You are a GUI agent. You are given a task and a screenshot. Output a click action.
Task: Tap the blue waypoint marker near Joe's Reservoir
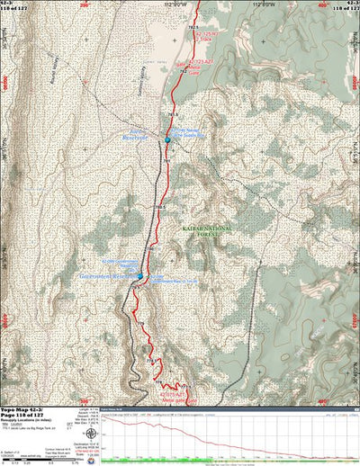[167, 139]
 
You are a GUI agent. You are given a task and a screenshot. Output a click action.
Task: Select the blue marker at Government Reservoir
[139, 275]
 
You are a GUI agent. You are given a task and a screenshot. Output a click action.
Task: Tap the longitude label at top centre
[180, 4]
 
